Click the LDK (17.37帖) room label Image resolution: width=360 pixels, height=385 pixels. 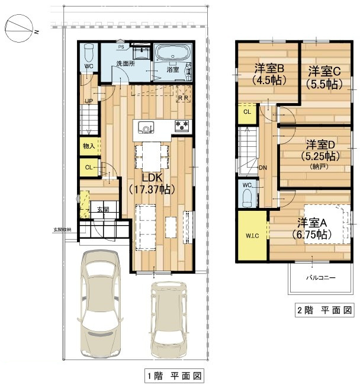pyautogui.click(x=150, y=183)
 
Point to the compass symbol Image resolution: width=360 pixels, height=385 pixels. pyautogui.click(x=19, y=30)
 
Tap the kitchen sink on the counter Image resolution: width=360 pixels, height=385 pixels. pyautogui.click(x=146, y=127)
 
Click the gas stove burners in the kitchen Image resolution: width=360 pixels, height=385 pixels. pyautogui.click(x=181, y=126)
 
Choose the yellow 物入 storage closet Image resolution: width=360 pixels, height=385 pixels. pyautogui.click(x=89, y=146)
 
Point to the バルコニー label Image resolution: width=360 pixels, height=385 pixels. pyautogui.click(x=320, y=277)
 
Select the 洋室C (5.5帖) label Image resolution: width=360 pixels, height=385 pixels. pyautogui.click(x=324, y=78)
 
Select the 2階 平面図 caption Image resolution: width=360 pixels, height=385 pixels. pyautogui.click(x=324, y=310)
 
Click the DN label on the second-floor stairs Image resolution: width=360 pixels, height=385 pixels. pyautogui.click(x=263, y=168)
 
